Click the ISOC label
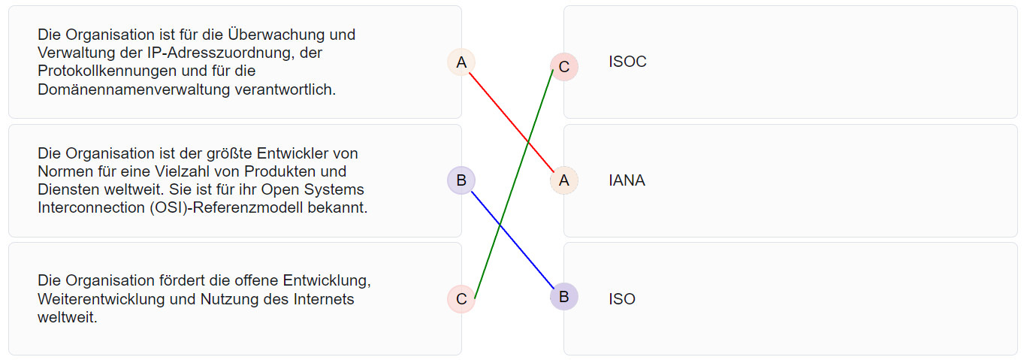tap(627, 62)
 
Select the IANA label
tap(627, 180)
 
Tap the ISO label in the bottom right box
tap(622, 299)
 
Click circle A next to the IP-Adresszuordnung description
tap(461, 62)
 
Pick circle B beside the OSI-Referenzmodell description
tap(461, 180)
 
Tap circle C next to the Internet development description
tap(461, 299)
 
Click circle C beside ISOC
tap(563, 67)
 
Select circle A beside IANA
tap(563, 180)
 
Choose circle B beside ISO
tap(563, 297)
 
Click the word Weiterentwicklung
tap(110, 299)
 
